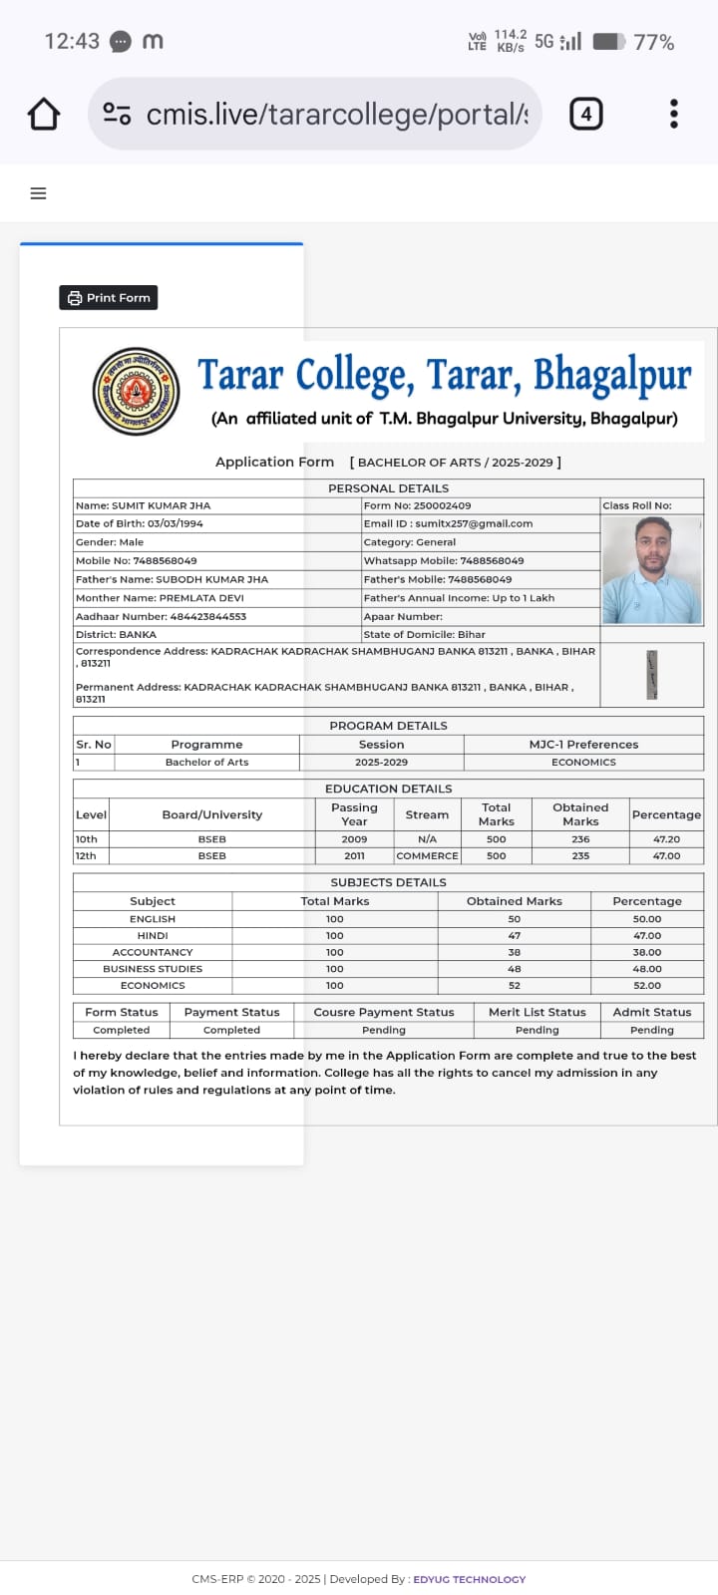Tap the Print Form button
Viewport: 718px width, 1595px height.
pos(109,297)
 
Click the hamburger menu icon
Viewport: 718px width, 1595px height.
pos(39,193)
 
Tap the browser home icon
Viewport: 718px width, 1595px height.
pos(44,114)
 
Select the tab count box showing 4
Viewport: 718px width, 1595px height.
pos(585,114)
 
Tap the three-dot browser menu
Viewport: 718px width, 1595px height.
pos(674,114)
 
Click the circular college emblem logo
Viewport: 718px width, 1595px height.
pos(136,391)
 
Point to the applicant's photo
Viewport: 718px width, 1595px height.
pos(652,570)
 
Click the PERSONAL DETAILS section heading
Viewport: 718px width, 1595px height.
pos(388,488)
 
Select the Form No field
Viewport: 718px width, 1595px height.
pos(417,505)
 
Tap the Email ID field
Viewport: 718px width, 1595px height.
pos(448,523)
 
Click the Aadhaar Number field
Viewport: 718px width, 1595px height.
pos(161,616)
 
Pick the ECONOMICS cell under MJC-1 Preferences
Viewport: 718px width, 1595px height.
pos(583,762)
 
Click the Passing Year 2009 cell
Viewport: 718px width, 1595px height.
pos(354,839)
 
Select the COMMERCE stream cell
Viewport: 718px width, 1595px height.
pos(427,855)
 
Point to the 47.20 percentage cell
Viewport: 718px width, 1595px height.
pos(666,839)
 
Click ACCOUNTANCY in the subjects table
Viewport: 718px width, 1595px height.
pos(153,952)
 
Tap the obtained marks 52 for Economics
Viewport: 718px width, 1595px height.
pos(514,985)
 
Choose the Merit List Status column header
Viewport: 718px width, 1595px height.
pos(537,1012)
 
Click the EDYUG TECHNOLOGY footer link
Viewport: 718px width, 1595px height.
pos(469,1579)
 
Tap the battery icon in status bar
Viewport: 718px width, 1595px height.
pos(608,42)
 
